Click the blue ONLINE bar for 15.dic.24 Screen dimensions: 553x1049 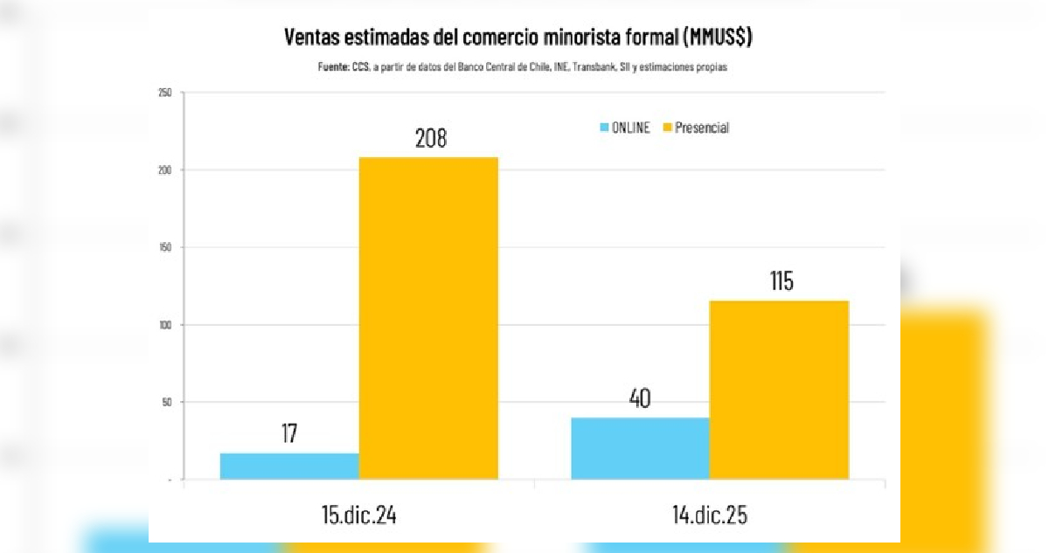click(289, 466)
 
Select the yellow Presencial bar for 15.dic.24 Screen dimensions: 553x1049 click(428, 318)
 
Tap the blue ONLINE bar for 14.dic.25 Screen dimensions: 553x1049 click(640, 448)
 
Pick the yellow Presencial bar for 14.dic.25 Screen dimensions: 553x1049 click(779, 390)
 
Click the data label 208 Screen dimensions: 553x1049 click(430, 139)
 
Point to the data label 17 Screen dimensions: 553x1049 click(289, 434)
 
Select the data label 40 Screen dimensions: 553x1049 click(640, 398)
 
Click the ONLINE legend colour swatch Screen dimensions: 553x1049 click(604, 128)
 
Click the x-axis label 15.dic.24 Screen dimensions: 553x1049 click(359, 515)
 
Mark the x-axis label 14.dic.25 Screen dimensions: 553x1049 click(709, 515)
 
